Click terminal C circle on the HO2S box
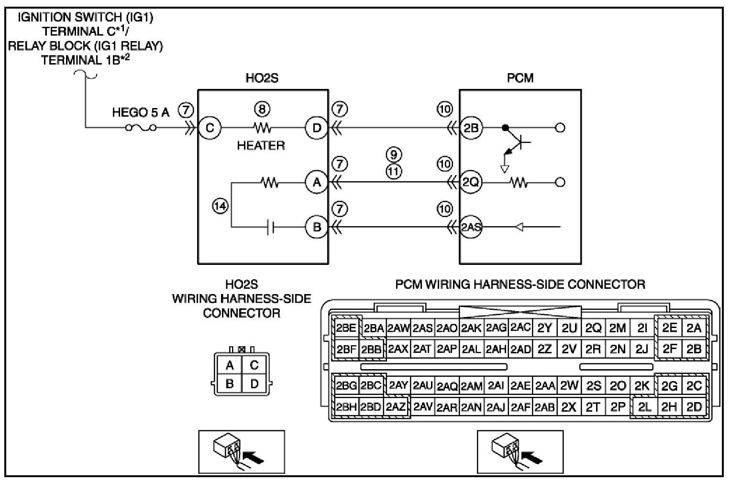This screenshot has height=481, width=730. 210,128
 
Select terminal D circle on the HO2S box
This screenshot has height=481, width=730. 317,128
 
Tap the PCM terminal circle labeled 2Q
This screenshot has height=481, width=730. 471,182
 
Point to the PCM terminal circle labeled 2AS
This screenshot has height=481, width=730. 471,227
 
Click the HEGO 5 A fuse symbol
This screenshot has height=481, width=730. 141,128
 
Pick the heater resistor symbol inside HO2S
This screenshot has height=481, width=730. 262,128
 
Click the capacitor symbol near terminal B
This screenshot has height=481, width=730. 270,227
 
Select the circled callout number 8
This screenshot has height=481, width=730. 262,109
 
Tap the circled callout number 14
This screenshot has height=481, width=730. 221,206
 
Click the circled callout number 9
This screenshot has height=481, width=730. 394,154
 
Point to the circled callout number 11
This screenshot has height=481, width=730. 394,172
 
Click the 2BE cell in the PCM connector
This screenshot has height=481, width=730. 346,328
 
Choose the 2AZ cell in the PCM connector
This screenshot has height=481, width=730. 396,407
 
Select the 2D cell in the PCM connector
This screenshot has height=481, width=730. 694,407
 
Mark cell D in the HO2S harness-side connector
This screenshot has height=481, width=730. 254,383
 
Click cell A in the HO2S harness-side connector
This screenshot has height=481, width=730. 230,365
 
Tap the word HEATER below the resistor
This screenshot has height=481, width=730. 261,145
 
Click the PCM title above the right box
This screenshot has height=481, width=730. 520,78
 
